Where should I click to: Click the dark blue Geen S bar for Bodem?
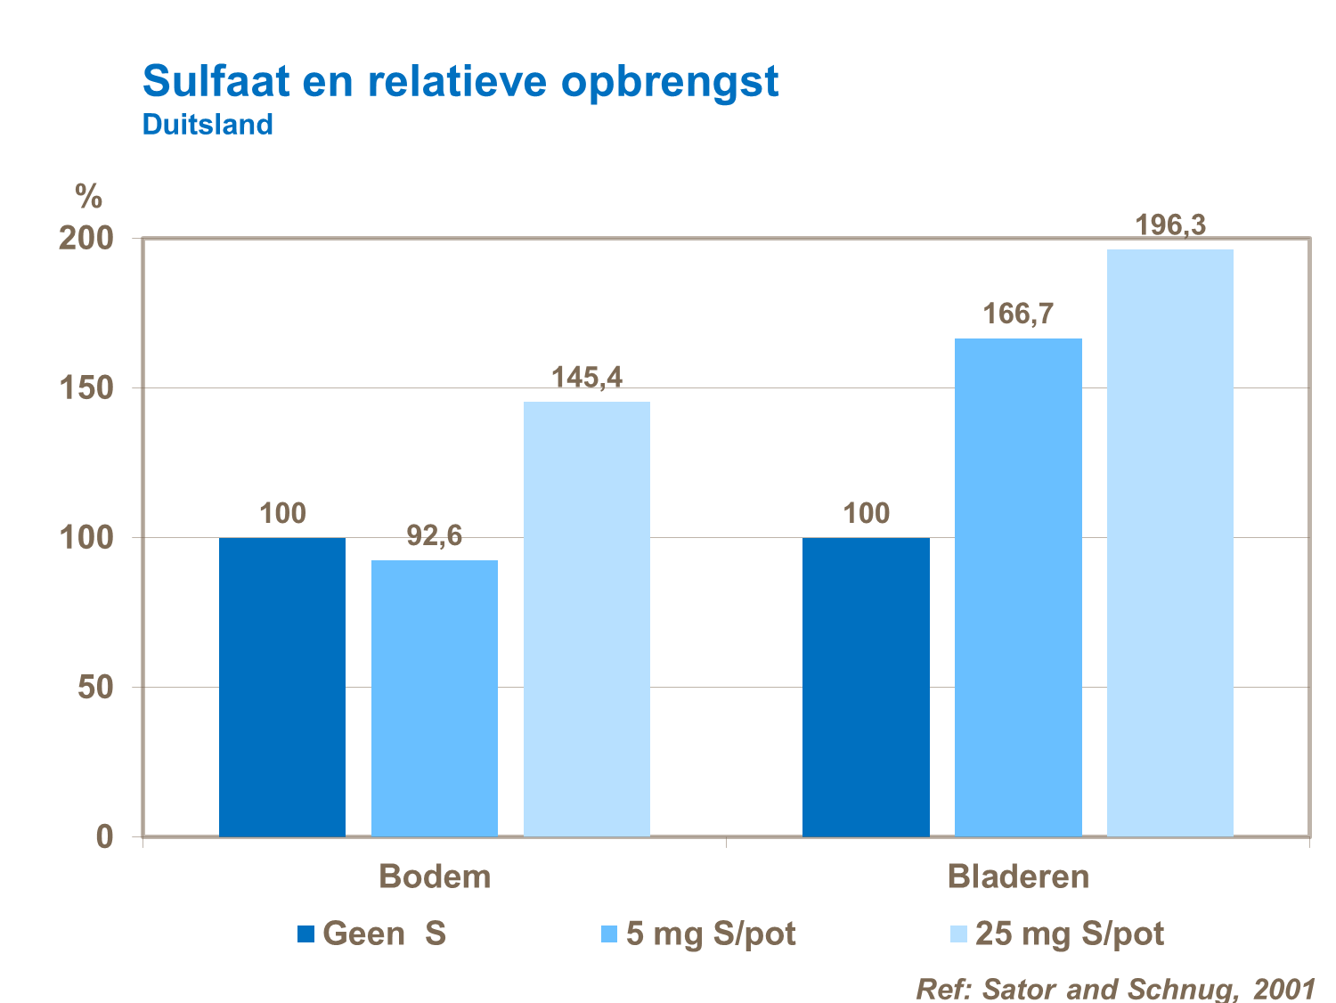[x=281, y=687]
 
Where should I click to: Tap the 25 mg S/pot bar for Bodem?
[x=586, y=619]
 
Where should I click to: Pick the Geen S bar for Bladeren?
[x=866, y=687]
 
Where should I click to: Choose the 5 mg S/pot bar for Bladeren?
[x=1018, y=587]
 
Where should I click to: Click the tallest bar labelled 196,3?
[x=1169, y=542]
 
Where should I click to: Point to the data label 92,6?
[x=434, y=535]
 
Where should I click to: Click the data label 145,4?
[x=586, y=378]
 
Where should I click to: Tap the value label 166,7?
[x=1018, y=314]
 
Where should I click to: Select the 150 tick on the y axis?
[x=86, y=388]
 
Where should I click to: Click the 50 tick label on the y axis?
[x=95, y=688]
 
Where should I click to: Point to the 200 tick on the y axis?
[x=86, y=239]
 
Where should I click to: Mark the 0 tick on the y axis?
[x=105, y=836]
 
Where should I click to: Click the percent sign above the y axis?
[x=88, y=196]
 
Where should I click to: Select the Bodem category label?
[x=435, y=877]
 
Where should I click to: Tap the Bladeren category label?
[x=1018, y=877]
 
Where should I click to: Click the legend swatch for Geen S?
[x=306, y=934]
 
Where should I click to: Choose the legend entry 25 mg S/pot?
[x=1069, y=934]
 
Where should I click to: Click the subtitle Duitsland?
[x=208, y=125]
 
